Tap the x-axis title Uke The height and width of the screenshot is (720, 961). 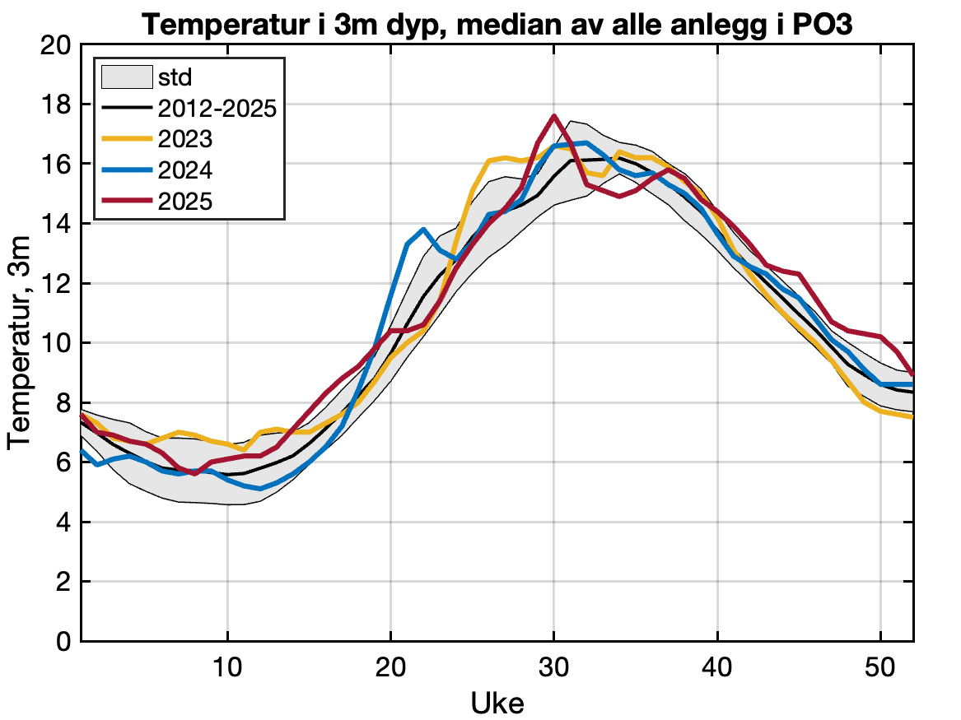497,703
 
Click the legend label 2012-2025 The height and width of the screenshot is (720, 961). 216,108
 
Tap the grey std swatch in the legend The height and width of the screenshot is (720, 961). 125,77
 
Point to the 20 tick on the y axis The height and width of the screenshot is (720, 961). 56,45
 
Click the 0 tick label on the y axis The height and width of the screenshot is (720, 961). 63,642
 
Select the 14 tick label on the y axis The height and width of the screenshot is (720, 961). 56,224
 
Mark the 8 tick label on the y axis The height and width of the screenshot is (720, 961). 63,403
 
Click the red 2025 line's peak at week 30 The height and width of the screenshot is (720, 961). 554,116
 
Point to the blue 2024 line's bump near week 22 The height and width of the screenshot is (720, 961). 423,230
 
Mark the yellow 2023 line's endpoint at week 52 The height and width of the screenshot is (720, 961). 912,417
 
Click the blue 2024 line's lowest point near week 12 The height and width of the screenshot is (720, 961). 260,489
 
